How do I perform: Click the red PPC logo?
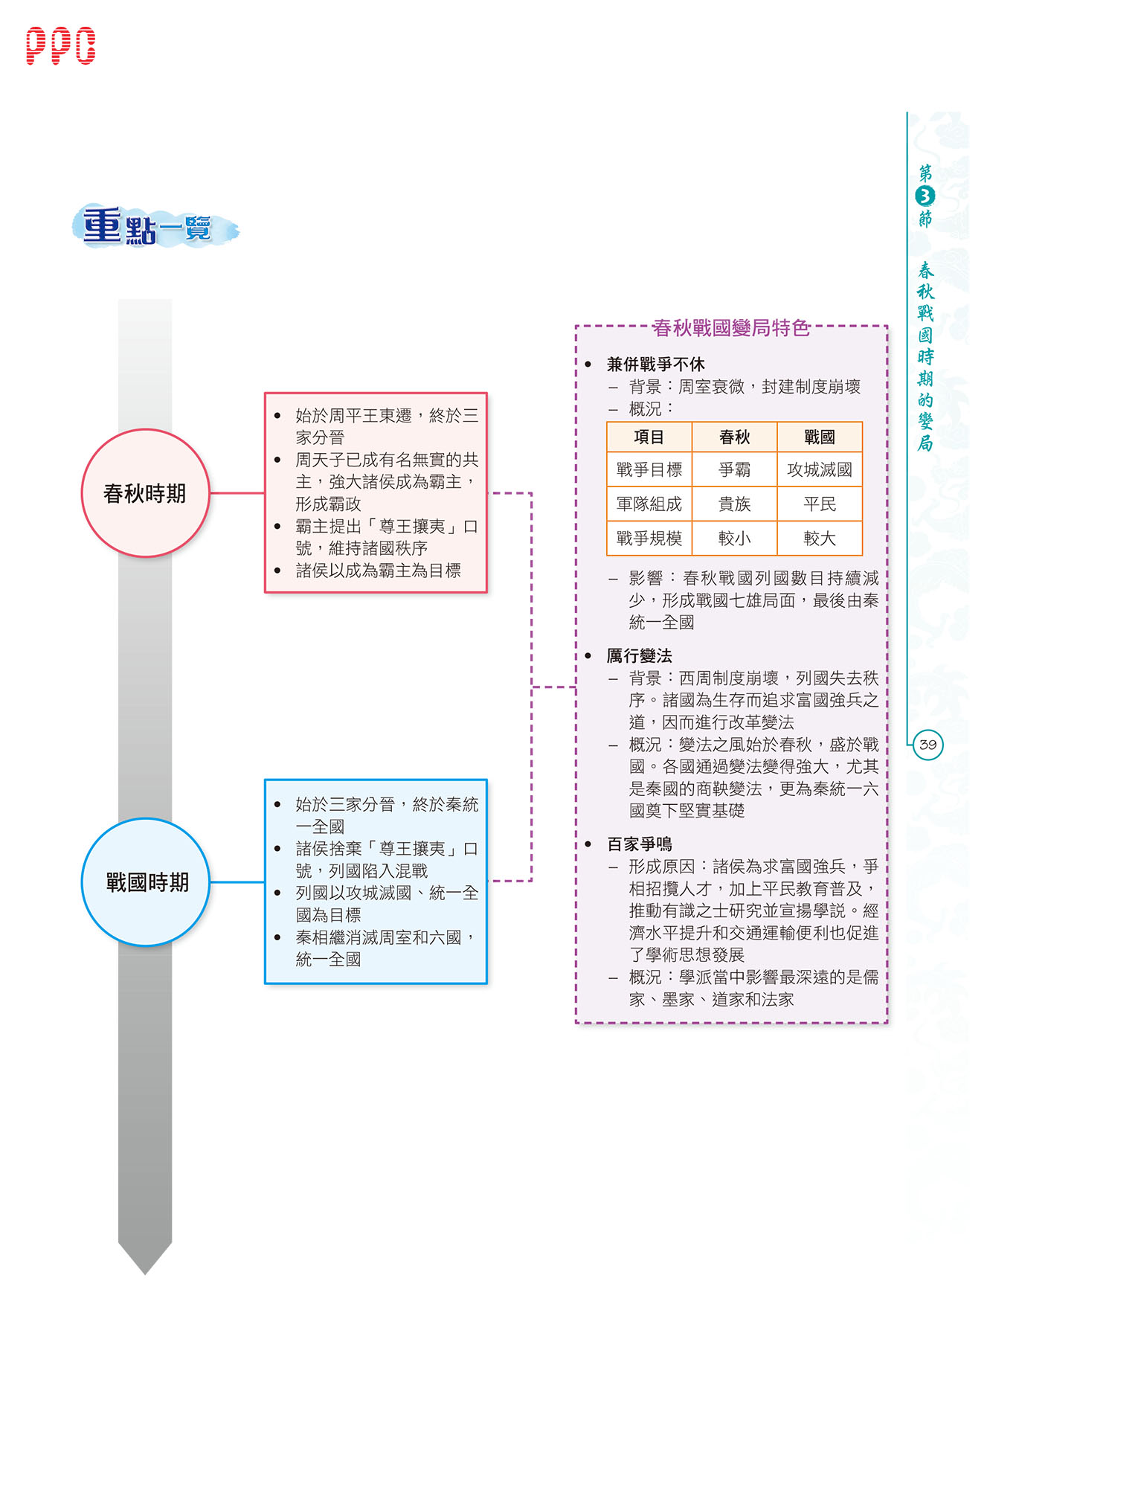(x=61, y=46)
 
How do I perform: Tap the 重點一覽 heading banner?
(x=155, y=226)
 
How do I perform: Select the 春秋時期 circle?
(x=146, y=492)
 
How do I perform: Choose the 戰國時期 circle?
(x=146, y=882)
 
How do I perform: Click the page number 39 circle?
(x=928, y=745)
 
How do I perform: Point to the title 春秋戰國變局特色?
(x=730, y=328)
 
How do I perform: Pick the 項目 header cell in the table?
(x=649, y=437)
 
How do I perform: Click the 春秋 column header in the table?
(x=735, y=437)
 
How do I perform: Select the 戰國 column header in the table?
(x=820, y=437)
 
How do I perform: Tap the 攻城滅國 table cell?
(x=820, y=469)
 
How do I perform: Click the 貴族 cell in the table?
(x=735, y=504)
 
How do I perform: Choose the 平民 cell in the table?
(x=820, y=504)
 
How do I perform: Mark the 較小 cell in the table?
(x=735, y=538)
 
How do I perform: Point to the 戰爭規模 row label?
(x=649, y=538)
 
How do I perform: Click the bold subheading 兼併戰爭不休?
(x=656, y=364)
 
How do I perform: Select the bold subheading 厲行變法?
(x=640, y=655)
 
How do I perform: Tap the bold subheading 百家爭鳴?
(x=640, y=844)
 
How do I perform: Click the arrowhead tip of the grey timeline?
(x=145, y=1274)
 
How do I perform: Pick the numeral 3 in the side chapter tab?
(x=925, y=196)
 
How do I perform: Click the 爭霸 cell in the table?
(x=735, y=469)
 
